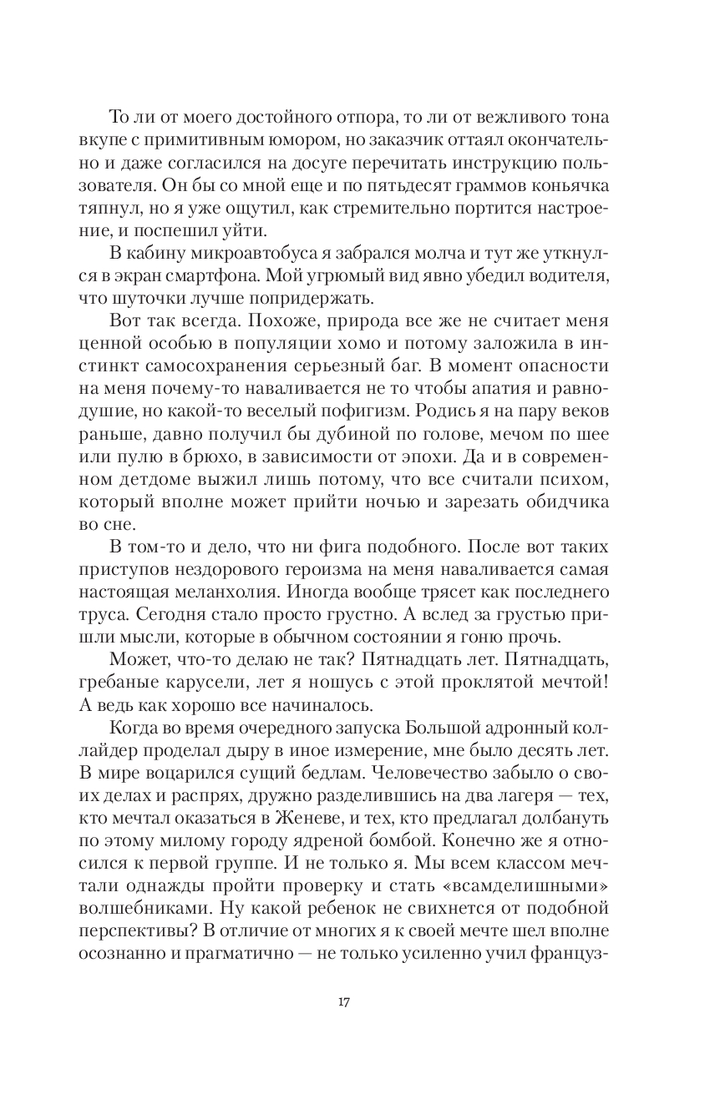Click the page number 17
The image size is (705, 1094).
[343, 1002]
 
